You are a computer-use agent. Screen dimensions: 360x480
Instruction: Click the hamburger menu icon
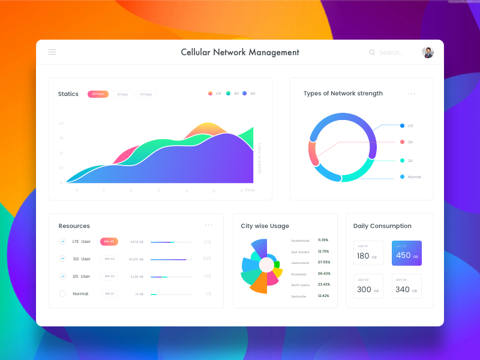52,52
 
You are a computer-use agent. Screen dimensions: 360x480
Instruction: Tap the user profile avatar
427,52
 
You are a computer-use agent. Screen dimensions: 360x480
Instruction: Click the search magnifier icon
372,53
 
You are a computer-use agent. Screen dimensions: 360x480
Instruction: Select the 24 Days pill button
98,94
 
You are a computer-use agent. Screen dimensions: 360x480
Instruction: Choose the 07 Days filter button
146,94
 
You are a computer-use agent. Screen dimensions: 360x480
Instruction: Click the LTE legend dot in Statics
210,94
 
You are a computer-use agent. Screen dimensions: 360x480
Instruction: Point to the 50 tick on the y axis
61,124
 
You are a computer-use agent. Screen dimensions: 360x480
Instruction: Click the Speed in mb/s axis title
260,158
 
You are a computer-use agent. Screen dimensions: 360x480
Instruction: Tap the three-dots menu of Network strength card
412,94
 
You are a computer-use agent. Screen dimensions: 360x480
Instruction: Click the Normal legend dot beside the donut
402,176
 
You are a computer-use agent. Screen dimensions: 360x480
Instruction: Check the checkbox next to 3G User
62,259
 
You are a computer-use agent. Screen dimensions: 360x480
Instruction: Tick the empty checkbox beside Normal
62,293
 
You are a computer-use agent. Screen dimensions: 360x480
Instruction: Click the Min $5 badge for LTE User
109,241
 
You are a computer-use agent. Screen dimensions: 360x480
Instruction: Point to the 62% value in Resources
207,259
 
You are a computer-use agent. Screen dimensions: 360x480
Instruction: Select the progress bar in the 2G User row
171,277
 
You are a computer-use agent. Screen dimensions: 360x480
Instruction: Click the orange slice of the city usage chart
259,283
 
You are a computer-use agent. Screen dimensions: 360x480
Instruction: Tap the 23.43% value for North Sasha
324,284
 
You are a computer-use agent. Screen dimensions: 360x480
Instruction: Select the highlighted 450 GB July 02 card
406,253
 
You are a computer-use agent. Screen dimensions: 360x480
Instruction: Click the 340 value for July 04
403,289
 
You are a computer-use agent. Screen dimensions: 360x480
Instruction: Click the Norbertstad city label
301,240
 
